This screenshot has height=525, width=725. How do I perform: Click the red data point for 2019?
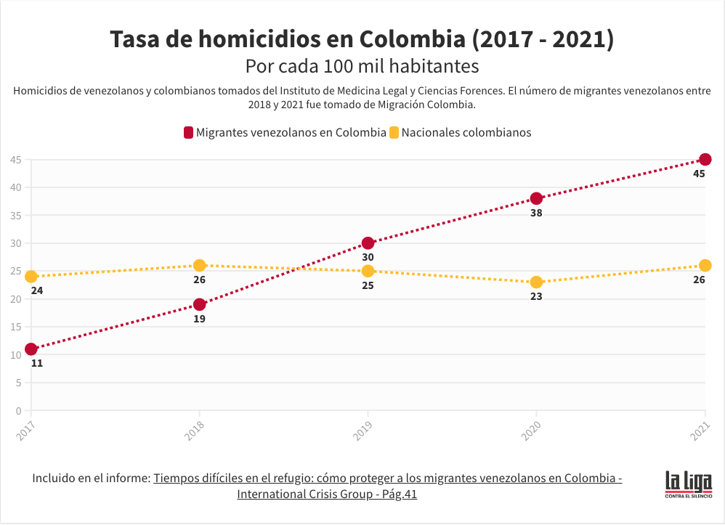pyautogui.click(x=368, y=243)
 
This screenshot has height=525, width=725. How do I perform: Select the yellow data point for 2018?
pyautogui.click(x=200, y=265)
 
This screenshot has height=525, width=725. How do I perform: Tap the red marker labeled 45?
pyautogui.click(x=705, y=160)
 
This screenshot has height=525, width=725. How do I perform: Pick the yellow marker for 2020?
pyautogui.click(x=536, y=282)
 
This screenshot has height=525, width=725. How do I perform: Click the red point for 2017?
pyautogui.click(x=31, y=349)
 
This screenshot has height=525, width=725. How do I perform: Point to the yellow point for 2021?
pyautogui.click(x=705, y=265)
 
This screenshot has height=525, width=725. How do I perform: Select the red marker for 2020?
pyautogui.click(x=536, y=198)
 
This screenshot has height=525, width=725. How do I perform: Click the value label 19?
pyautogui.click(x=200, y=319)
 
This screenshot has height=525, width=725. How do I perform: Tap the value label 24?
pyautogui.click(x=37, y=290)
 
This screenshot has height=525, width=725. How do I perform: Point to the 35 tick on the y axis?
pyautogui.click(x=16, y=216)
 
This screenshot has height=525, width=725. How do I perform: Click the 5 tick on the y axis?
pyautogui.click(x=18, y=383)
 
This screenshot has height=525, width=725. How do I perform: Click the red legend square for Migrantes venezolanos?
pyautogui.click(x=188, y=133)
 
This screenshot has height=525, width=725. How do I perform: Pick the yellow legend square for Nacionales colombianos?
pyautogui.click(x=394, y=133)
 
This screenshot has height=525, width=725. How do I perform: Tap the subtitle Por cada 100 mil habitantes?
pyautogui.click(x=362, y=66)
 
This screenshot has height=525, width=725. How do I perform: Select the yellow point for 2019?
pyautogui.click(x=368, y=271)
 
